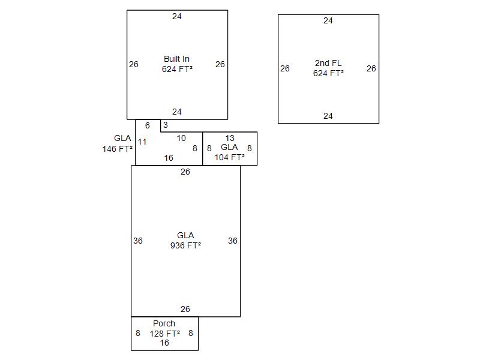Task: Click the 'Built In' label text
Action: [176, 59]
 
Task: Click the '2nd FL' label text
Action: [328, 63]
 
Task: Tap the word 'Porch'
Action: [164, 323]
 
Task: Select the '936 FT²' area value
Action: [185, 245]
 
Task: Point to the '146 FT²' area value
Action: [118, 149]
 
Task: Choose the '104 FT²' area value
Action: [229, 157]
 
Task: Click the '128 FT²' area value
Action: [164, 334]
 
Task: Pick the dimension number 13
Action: [229, 138]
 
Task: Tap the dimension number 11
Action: [142, 142]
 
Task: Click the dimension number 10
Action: [181, 138]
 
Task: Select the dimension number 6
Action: [148, 126]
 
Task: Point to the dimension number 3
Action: [166, 125]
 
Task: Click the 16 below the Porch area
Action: [164, 343]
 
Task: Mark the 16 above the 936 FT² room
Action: [169, 158]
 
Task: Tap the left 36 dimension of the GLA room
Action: [138, 241]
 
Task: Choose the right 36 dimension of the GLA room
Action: [233, 241]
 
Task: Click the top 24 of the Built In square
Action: [177, 16]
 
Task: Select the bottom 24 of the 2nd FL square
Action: [328, 116]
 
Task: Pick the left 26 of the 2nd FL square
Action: [285, 68]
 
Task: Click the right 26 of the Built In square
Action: [220, 64]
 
